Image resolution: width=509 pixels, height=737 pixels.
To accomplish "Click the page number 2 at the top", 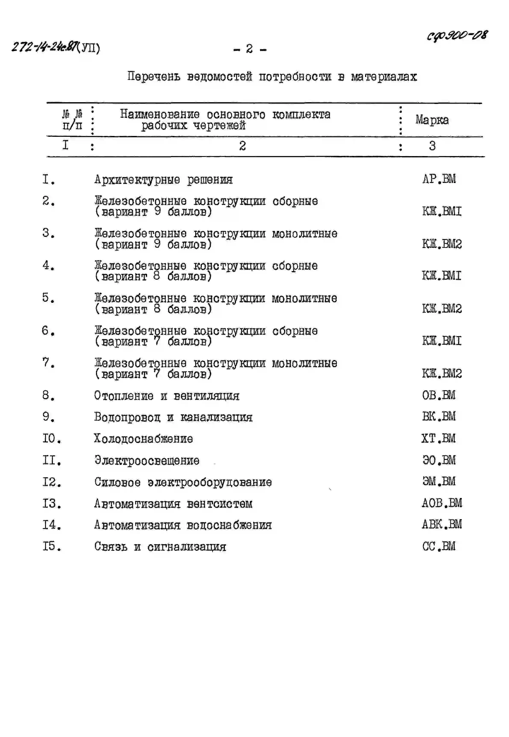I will (249, 49).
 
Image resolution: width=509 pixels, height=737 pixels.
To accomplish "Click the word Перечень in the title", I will (154, 77).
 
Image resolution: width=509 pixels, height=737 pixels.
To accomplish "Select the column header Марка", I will (432, 120).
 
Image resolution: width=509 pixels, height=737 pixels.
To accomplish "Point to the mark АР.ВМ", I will (439, 179).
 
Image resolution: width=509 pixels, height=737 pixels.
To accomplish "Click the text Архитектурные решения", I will (163, 180).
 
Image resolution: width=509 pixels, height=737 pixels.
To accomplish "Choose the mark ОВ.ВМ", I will (439, 396).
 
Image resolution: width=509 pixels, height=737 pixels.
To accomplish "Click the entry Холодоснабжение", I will (143, 439).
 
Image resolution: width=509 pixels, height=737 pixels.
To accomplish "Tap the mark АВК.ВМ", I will (442, 524).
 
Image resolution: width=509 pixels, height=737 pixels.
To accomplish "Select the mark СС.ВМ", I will (439, 546).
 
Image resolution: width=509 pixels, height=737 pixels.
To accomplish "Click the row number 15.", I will (51, 546).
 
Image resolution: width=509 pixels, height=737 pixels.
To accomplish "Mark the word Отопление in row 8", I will (124, 396).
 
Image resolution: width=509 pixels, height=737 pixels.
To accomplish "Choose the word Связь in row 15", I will (111, 547).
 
